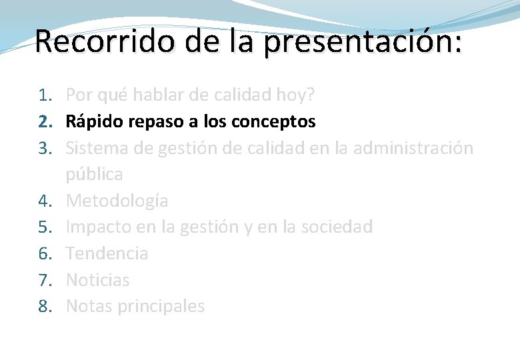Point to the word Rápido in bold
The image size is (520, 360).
(x=91, y=122)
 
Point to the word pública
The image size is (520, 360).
(x=94, y=175)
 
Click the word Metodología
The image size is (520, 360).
(x=117, y=201)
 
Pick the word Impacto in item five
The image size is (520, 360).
(x=99, y=227)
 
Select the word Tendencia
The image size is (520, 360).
(x=107, y=253)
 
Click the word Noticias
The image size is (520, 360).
(x=97, y=280)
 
